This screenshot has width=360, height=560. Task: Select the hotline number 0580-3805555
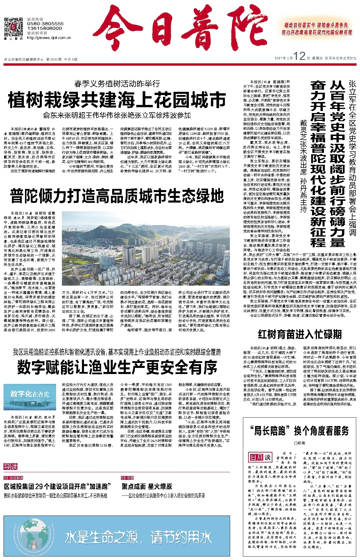click(x=45, y=24)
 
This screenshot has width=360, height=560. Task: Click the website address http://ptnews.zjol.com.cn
click(x=49, y=37)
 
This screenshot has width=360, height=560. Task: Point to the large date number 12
click(x=299, y=56)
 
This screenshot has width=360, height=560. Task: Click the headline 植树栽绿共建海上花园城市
click(x=117, y=100)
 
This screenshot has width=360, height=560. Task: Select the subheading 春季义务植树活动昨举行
click(x=117, y=84)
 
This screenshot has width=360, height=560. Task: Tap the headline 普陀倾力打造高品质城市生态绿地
click(x=117, y=196)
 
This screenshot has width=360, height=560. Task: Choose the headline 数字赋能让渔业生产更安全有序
click(x=117, y=367)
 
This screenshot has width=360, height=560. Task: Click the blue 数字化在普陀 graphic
click(x=30, y=398)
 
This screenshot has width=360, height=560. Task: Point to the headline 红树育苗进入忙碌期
click(x=300, y=334)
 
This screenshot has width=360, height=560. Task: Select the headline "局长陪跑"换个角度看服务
click(x=300, y=431)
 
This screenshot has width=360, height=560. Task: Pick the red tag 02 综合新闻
click(x=13, y=478)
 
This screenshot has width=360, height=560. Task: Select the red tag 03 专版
click(x=127, y=478)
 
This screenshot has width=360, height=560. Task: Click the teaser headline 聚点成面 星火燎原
click(x=147, y=486)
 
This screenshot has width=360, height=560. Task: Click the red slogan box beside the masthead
click(x=317, y=29)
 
